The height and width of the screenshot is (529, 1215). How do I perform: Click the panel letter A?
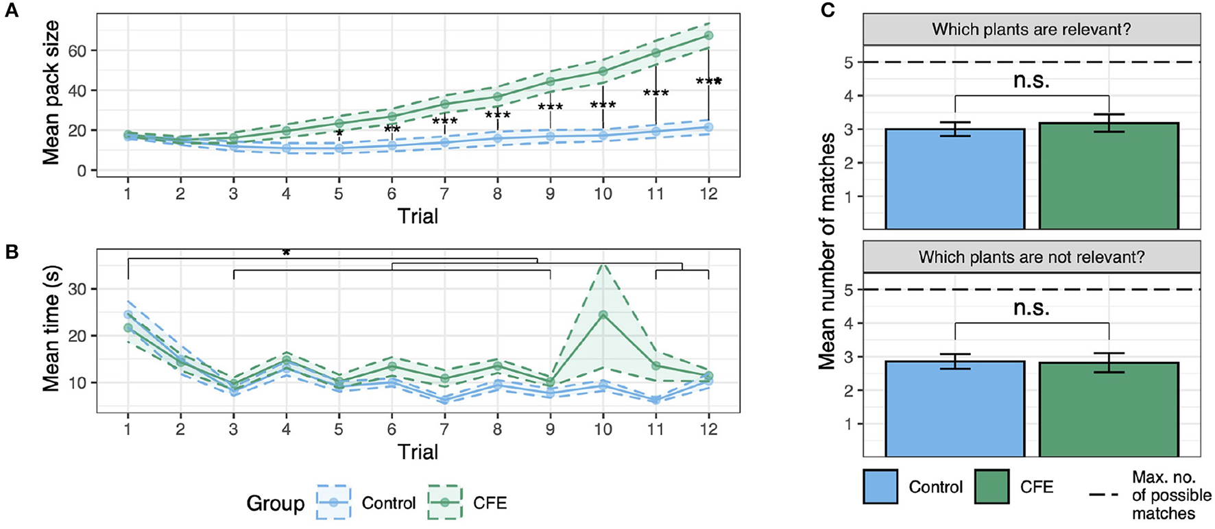[12, 12]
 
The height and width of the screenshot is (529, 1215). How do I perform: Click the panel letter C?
[828, 12]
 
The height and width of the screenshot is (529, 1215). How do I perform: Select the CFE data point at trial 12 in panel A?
[708, 35]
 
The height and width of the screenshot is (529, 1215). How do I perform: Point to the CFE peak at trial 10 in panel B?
[603, 315]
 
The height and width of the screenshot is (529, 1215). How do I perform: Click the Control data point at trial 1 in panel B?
[128, 315]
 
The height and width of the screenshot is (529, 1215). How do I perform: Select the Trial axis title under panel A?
[418, 217]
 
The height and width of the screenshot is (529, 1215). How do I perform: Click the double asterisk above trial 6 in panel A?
[392, 129]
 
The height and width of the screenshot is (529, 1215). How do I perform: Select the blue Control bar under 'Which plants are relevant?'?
[955, 179]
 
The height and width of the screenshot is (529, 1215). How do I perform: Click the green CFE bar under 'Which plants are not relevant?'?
[1109, 409]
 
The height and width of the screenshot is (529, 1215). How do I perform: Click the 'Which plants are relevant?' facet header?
[1031, 29]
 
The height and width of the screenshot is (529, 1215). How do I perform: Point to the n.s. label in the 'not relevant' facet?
[1031, 308]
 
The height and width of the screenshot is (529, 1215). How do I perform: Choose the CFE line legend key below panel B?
[445, 502]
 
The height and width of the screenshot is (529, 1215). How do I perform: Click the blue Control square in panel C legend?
[880, 487]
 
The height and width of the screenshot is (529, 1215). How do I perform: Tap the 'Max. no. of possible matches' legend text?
[1171, 495]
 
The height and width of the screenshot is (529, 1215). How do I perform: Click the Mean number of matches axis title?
[828, 251]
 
